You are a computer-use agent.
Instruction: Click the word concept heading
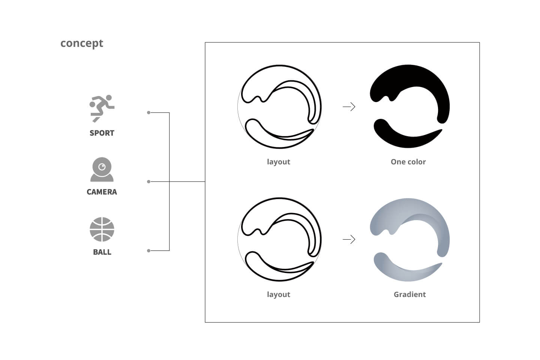tap(82, 43)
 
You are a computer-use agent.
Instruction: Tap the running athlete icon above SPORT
tap(102, 108)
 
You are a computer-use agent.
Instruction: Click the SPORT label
tap(102, 133)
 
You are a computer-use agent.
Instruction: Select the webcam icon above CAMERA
tap(102, 169)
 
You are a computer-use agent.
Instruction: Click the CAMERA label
tap(102, 192)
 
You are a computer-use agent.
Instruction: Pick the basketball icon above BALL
tap(102, 229)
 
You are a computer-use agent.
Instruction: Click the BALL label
tap(102, 252)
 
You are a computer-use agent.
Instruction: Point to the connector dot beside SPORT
tap(149, 112)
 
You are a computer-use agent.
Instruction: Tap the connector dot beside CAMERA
tap(149, 181)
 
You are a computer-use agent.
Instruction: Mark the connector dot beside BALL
tap(149, 251)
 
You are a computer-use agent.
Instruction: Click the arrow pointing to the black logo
tap(349, 106)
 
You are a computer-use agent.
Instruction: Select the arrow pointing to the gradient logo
tap(349, 239)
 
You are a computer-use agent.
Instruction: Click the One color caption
tap(408, 162)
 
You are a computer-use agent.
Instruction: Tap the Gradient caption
tap(409, 294)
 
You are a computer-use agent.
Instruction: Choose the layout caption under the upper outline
tap(278, 162)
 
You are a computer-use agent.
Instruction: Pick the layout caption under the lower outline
tap(278, 294)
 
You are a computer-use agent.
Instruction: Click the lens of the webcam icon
tap(102, 167)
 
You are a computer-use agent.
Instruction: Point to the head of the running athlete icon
tap(109, 97)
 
